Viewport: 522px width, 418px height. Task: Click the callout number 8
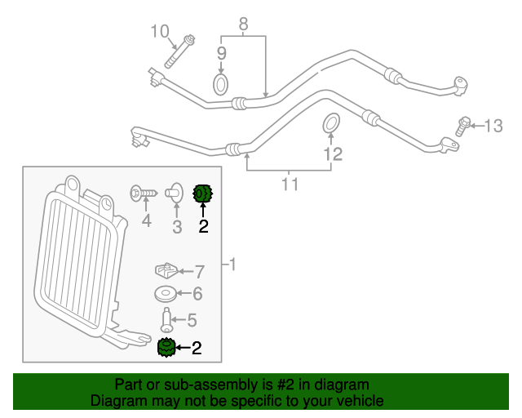pos(243,25)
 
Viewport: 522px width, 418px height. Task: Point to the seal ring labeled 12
pos(330,123)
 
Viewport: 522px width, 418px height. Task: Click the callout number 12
pos(332,153)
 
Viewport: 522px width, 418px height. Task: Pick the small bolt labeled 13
pos(463,126)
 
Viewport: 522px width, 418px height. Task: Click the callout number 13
pos(494,126)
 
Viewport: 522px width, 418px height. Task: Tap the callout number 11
pos(290,185)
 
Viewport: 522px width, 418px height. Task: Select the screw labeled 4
pos(143,193)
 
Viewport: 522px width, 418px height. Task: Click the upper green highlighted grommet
pos(201,193)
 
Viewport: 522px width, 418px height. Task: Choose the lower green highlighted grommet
pos(166,349)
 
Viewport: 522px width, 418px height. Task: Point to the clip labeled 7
pos(167,269)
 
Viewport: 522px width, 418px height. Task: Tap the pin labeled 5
pos(166,318)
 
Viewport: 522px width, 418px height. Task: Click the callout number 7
pos(199,270)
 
